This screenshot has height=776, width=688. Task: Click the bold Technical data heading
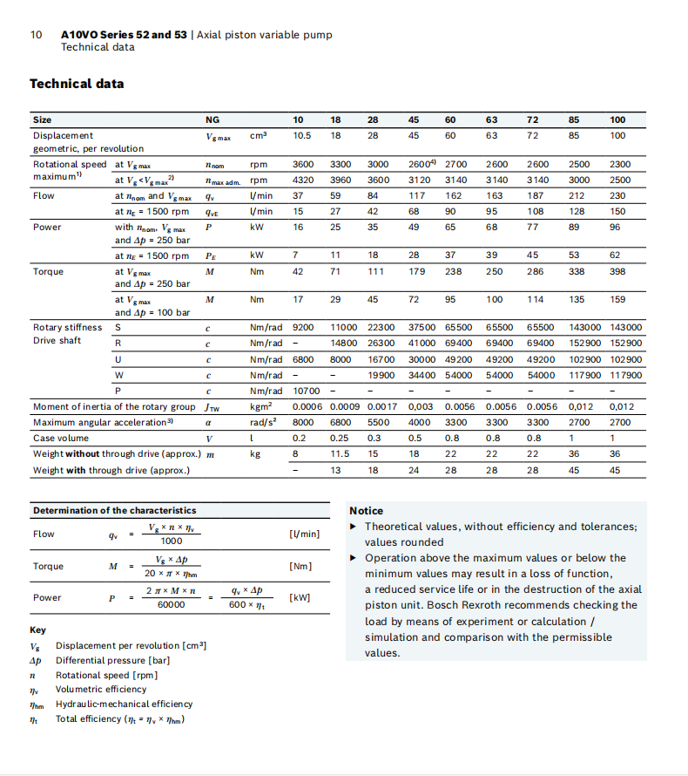(x=77, y=84)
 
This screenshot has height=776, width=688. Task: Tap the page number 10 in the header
(x=36, y=35)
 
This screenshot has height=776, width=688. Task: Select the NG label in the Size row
(x=212, y=119)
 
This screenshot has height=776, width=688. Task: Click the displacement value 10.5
(x=302, y=135)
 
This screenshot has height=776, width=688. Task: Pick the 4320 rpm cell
(x=302, y=180)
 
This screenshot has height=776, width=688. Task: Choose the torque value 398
(x=617, y=271)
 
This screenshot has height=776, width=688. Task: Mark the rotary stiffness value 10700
(x=307, y=390)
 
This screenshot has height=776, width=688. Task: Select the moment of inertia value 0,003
(x=422, y=406)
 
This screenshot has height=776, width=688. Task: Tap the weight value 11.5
(x=340, y=454)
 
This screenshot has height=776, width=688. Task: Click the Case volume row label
(x=61, y=438)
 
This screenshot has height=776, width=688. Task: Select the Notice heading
(x=366, y=511)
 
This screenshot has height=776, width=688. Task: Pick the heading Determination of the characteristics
(x=114, y=510)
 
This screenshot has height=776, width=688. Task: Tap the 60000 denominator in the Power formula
(x=170, y=604)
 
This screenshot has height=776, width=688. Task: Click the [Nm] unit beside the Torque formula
(x=300, y=567)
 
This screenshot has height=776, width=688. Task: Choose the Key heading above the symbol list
(x=38, y=630)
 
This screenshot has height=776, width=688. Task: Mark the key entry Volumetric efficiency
(x=101, y=689)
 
